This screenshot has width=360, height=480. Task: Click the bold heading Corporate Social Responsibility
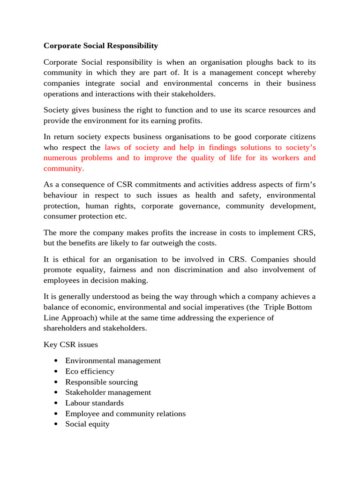click(101, 46)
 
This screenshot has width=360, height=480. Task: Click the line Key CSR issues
click(71, 345)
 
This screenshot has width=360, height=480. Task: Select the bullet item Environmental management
click(112, 360)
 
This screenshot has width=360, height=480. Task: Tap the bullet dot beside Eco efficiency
click(56, 371)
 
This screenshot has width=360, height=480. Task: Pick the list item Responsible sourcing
click(101, 382)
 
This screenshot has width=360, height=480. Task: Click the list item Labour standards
click(94, 403)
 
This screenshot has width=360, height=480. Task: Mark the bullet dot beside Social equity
click(56, 424)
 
